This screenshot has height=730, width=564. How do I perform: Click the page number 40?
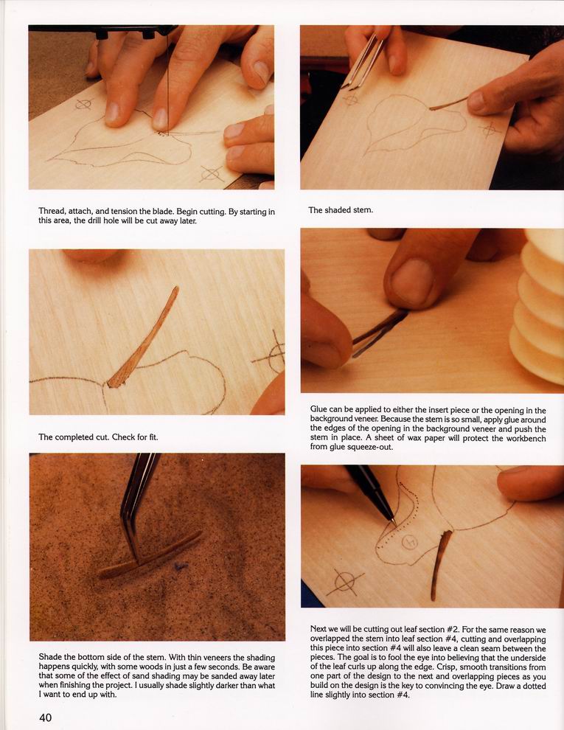click(46, 717)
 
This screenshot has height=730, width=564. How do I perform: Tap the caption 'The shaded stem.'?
click(341, 210)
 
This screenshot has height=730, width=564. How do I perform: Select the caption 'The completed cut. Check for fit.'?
click(99, 437)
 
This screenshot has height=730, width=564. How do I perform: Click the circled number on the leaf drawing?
click(410, 541)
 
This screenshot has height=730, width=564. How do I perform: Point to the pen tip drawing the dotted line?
click(394, 524)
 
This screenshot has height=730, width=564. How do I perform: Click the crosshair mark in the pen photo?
click(345, 582)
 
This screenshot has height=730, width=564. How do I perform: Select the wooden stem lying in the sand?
click(150, 555)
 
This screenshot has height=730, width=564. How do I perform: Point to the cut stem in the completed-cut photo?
click(143, 338)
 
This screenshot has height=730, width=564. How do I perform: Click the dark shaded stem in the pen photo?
click(440, 564)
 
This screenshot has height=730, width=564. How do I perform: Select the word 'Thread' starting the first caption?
click(52, 212)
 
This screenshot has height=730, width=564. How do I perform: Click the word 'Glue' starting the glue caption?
click(318, 410)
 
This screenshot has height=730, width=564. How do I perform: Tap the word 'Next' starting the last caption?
click(319, 630)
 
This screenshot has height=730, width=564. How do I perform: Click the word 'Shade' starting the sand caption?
click(50, 658)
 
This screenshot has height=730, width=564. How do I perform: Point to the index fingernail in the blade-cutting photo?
click(159, 119)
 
